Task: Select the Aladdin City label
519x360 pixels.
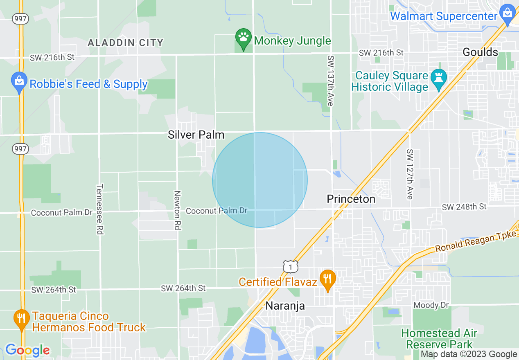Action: point(126,43)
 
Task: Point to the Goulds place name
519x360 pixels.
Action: point(480,52)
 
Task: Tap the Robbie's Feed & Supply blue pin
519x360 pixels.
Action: point(19,82)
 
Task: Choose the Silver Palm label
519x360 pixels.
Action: point(196,135)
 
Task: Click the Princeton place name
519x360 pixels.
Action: point(351,199)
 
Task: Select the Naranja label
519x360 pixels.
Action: point(285,306)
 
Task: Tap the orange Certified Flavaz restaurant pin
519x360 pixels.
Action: point(327,280)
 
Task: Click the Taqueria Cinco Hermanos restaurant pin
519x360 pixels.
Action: point(21,319)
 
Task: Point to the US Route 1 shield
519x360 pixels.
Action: point(290,266)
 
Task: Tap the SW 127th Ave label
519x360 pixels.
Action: point(409,174)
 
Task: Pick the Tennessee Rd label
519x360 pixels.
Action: point(99,209)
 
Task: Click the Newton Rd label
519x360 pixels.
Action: point(177,209)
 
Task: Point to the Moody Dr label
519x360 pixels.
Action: point(431,305)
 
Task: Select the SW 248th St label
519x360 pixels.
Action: point(464,207)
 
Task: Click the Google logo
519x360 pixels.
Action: point(27,350)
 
